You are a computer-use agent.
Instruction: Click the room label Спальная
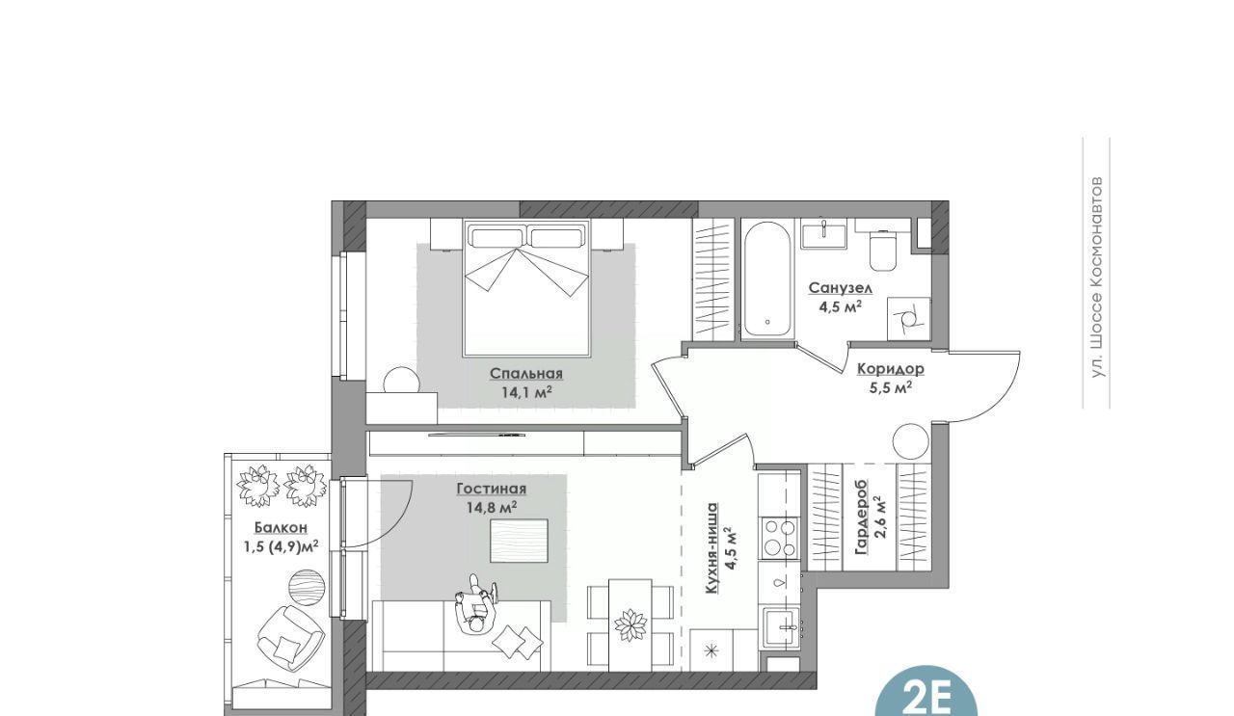526,374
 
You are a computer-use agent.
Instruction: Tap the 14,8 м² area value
492,507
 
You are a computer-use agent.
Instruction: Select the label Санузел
840,288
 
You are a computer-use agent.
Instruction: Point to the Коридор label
890,369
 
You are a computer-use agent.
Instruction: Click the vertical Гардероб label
861,517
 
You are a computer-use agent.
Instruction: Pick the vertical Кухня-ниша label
711,548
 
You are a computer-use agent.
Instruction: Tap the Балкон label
281,528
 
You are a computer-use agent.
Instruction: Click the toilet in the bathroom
883,250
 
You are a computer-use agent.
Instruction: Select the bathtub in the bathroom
767,278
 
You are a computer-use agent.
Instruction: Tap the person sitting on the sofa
476,605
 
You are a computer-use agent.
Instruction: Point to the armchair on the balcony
290,638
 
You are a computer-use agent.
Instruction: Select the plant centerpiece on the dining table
630,625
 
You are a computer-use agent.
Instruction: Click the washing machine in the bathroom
908,319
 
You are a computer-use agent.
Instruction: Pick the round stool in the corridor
911,441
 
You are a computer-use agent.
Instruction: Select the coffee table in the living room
519,541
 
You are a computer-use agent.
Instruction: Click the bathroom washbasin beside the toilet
824,233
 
